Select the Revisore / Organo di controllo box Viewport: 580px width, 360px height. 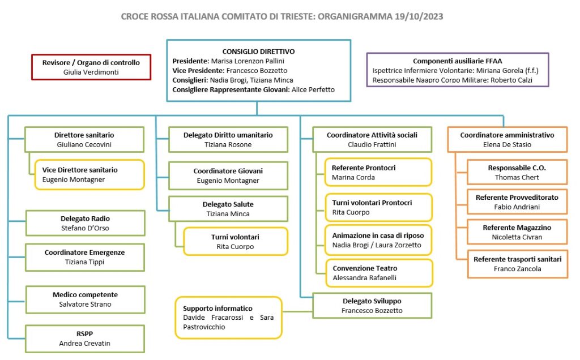point(91,67)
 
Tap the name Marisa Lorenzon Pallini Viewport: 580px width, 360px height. point(248,61)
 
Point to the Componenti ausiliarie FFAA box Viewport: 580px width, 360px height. point(458,70)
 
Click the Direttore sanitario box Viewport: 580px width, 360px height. point(84,139)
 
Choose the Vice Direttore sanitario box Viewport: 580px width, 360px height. point(89,174)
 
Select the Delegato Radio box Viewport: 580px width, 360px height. point(85,223)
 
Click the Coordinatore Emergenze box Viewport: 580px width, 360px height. point(85,257)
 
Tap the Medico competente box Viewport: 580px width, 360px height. point(85,299)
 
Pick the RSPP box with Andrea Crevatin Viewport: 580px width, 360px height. point(85,338)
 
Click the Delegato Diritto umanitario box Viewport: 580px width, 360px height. point(228,139)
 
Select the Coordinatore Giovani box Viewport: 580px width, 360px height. point(228,175)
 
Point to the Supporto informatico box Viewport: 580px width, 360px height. point(229,318)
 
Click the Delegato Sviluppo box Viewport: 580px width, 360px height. point(372,306)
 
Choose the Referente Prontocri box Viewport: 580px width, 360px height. point(378,172)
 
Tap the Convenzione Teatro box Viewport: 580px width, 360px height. point(379,273)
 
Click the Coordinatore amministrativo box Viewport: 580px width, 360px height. point(507,139)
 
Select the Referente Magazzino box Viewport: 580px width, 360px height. point(517,232)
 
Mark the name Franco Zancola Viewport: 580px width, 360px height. point(517,269)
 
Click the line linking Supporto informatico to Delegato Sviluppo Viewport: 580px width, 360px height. point(297,311)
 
